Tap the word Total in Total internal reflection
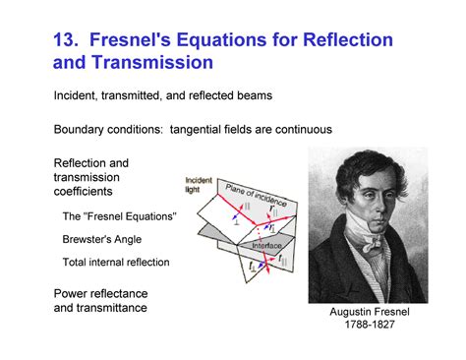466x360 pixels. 75,263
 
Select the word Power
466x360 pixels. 72,293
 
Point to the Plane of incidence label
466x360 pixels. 253,193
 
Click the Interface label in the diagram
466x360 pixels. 266,246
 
